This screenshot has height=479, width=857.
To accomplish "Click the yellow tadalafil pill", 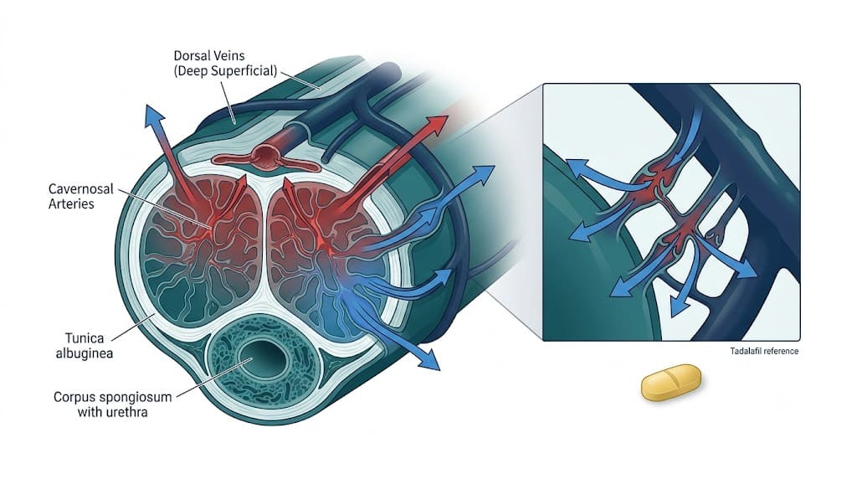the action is click(x=670, y=382).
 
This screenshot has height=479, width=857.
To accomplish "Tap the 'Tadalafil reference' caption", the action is click(x=764, y=351).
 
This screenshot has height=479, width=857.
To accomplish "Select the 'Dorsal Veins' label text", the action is click(x=209, y=56).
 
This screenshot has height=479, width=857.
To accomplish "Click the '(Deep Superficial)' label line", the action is click(x=226, y=71).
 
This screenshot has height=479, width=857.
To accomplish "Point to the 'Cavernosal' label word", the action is click(x=81, y=189).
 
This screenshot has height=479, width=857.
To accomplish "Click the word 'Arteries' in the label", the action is click(x=71, y=204).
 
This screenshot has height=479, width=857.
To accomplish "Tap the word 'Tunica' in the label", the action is click(x=85, y=338).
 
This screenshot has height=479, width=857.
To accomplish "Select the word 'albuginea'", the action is click(x=85, y=353).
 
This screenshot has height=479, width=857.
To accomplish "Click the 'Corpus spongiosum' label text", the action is click(x=113, y=397).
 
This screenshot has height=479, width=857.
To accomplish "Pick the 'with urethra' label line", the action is click(x=113, y=412).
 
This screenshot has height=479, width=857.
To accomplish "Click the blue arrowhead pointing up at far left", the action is click(x=154, y=116).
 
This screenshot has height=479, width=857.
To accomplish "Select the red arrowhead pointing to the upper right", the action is click(x=437, y=126).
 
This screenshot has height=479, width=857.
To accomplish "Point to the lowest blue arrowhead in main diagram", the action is click(x=429, y=359).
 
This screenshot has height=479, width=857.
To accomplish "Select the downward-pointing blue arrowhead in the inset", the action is click(x=680, y=307).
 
